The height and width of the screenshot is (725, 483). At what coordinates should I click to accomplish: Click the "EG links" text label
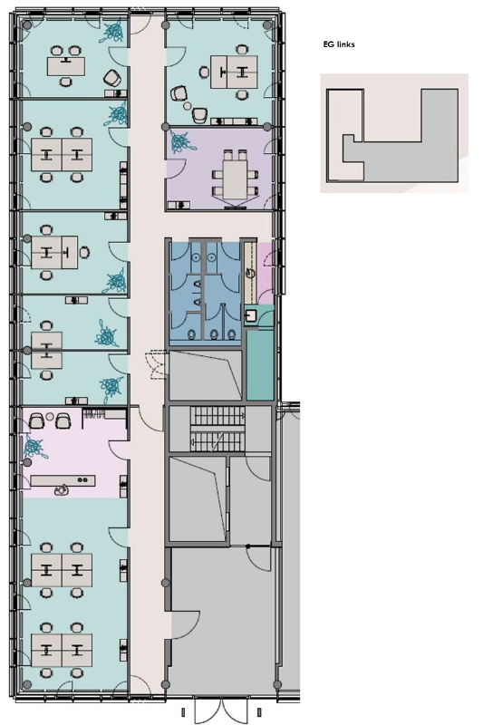(339, 44)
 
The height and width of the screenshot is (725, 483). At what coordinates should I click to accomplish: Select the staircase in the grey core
(217, 429)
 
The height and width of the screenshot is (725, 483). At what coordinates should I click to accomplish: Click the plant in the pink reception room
(34, 447)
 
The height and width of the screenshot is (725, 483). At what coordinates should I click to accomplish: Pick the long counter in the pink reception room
(63, 481)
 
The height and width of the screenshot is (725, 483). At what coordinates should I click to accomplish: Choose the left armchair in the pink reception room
(36, 420)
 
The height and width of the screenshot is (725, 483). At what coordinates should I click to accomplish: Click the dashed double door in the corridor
(156, 365)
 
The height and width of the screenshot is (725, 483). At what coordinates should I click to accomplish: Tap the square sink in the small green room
(250, 316)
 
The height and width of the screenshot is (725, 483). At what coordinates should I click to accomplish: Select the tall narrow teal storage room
(260, 365)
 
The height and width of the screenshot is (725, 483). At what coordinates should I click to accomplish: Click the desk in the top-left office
(66, 65)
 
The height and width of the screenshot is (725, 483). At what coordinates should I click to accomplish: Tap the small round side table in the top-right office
(187, 106)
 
